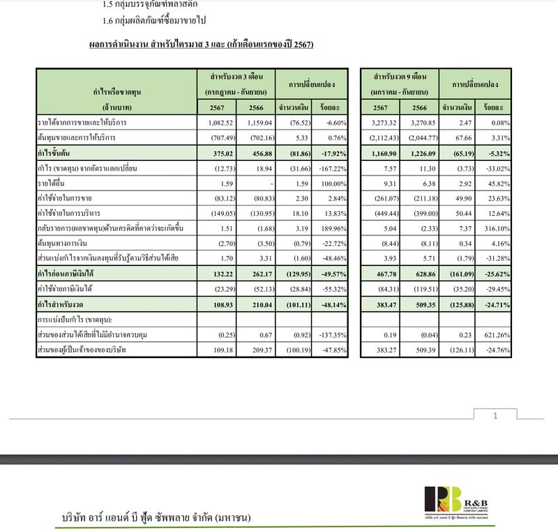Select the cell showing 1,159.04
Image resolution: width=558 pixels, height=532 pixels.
tap(255, 123)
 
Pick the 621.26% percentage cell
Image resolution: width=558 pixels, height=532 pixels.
tap(495, 335)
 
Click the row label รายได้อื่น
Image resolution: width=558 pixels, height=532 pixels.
tap(52, 184)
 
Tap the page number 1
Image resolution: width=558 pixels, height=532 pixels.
tap(495, 416)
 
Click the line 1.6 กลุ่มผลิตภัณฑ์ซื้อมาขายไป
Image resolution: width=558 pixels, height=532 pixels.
tap(154, 21)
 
